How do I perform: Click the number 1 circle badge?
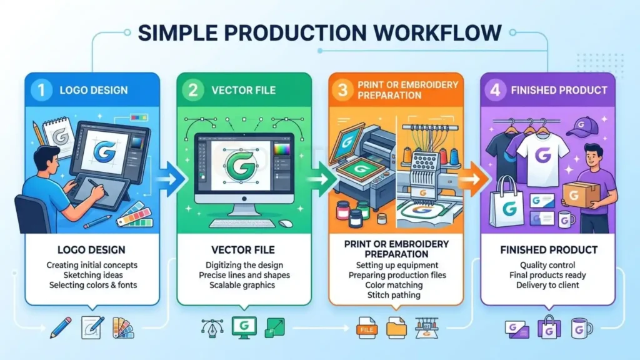click(41, 90)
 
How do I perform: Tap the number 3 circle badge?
click(342, 90)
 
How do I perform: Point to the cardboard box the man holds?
click(576, 194)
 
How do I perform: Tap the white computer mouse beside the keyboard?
click(285, 223)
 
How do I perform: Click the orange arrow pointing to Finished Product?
click(474, 179)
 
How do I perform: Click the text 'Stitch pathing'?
click(394, 295)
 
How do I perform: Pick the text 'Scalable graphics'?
click(242, 285)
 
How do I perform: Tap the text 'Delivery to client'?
click(547, 285)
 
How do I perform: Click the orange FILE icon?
click(366, 327)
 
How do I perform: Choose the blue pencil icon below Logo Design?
click(61, 327)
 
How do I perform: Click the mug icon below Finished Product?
click(581, 328)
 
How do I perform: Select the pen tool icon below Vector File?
click(212, 327)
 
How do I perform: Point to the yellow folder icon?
click(396, 327)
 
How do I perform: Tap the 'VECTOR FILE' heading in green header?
click(243, 90)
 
